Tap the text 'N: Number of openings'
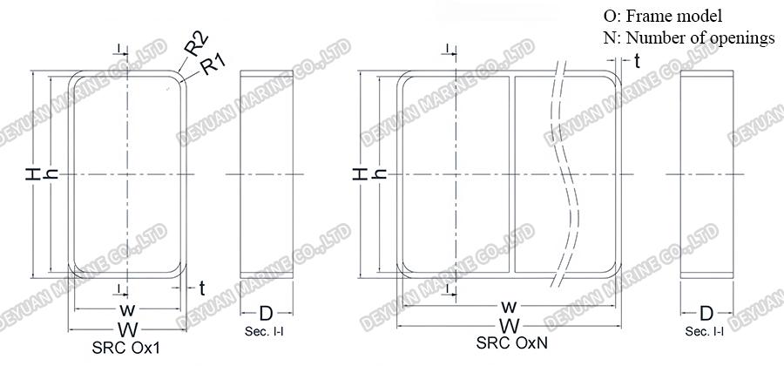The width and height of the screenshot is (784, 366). [x=688, y=37]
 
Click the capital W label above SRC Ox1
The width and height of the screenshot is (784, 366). [x=127, y=329]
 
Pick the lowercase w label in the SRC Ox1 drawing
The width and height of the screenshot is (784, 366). [x=127, y=310]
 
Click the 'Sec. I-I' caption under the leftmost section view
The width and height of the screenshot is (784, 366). [x=266, y=332]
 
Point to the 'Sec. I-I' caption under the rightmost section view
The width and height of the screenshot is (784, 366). [x=706, y=332]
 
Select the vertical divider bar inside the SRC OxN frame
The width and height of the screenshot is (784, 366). [x=511, y=174]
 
